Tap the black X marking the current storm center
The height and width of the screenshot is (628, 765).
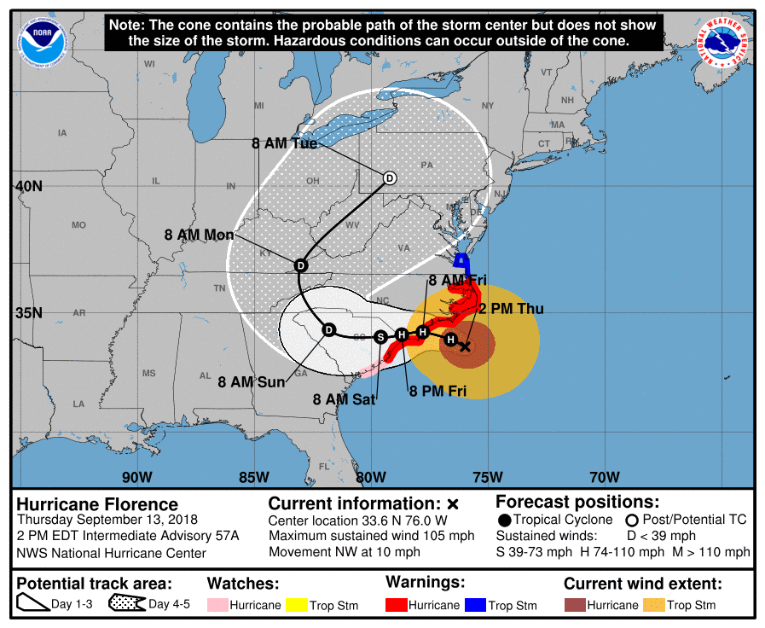click(x=465, y=346)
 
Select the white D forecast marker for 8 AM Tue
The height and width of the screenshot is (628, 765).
click(x=390, y=178)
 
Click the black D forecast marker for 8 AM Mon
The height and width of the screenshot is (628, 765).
click(x=300, y=266)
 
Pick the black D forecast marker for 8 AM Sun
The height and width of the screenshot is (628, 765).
click(x=328, y=329)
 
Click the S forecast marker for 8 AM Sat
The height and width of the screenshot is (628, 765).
click(x=381, y=337)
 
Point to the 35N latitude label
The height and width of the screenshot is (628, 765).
click(x=28, y=313)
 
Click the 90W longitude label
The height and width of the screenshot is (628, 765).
click(x=136, y=477)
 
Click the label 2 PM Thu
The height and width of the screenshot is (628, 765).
click(x=511, y=309)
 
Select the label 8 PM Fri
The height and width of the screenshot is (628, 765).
click(x=438, y=392)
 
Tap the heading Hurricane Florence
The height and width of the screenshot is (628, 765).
click(x=98, y=504)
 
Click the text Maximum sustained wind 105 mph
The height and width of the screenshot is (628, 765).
click(x=371, y=536)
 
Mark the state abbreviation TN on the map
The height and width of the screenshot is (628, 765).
click(x=219, y=288)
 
